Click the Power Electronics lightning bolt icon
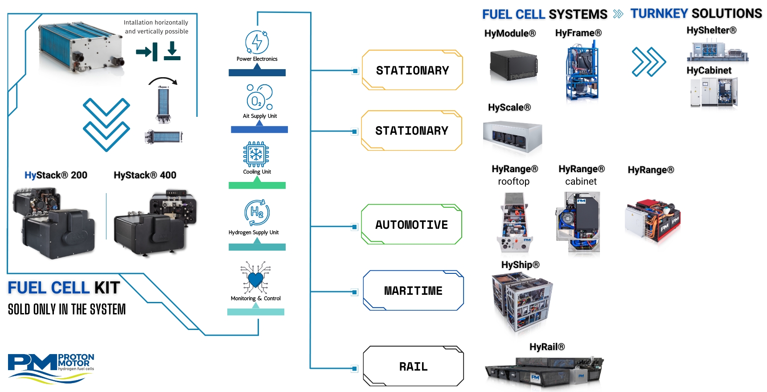(257, 42)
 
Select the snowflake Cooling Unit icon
(256, 154)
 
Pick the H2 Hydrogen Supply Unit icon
(257, 212)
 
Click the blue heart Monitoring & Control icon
(255, 279)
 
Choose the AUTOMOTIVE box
(411, 224)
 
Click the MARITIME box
(413, 290)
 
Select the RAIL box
(413, 366)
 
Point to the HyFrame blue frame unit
(582, 71)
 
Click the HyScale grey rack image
(513, 137)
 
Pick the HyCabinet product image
(714, 92)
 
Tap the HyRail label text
(547, 347)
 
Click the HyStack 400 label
(145, 175)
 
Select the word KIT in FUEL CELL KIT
(107, 288)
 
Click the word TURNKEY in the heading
(659, 14)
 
